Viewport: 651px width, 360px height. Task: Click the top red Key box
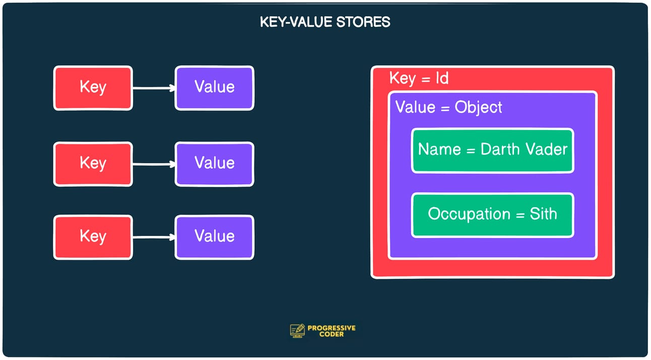pos(93,88)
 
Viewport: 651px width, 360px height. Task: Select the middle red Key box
pos(93,164)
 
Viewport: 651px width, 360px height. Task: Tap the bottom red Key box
pos(93,237)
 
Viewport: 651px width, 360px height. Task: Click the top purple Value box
pos(215,88)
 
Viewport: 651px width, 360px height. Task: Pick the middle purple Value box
pos(215,164)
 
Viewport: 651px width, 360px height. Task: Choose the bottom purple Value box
pos(215,237)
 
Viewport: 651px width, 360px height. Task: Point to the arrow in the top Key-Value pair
pos(154,88)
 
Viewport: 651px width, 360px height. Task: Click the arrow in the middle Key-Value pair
pos(154,164)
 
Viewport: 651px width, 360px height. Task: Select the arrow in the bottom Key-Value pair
pos(154,237)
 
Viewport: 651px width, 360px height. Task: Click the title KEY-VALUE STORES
pos(325,22)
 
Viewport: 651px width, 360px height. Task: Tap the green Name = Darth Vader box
pos(492,150)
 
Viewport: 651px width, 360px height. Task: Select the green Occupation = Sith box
pos(492,214)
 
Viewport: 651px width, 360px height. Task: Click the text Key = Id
pos(419,79)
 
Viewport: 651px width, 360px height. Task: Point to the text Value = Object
pos(448,107)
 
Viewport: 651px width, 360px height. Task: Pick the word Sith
pos(543,214)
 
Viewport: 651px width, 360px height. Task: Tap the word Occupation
pos(469,214)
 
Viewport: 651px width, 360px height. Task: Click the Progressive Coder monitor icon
pos(297,331)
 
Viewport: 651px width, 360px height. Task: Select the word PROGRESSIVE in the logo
pos(332,328)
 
